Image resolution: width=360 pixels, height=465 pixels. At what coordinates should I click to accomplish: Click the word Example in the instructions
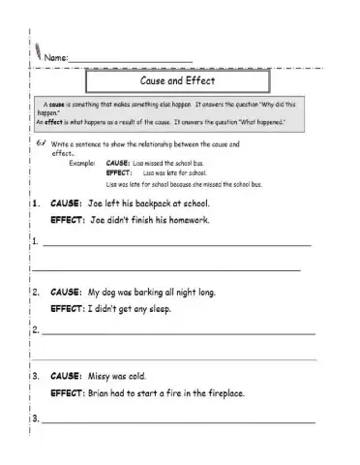(x=85, y=163)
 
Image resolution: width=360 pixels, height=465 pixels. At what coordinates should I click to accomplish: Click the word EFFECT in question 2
(x=67, y=308)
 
